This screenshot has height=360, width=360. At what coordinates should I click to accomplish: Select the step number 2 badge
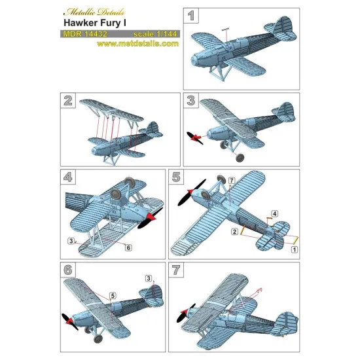(x=66, y=100)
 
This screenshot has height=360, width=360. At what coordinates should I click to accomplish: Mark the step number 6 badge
(x=66, y=270)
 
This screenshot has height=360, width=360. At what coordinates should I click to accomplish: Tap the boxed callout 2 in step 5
(x=234, y=232)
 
